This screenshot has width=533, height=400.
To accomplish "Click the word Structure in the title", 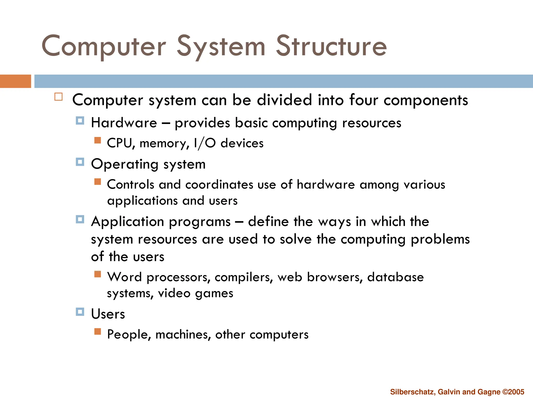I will click(331, 46).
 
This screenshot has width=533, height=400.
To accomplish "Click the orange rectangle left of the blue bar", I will click(15, 81).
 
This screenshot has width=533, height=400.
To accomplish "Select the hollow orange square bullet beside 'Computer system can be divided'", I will click(59, 97).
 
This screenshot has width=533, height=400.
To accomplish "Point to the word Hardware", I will click(124, 123).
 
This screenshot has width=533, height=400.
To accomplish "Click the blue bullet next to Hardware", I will click(80, 121).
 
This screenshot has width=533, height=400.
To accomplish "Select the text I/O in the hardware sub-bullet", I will click(205, 143).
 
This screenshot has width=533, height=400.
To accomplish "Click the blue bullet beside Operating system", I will click(80, 162).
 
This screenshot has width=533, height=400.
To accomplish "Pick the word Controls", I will click(131, 184).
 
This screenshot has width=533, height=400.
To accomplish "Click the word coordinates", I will click(219, 184).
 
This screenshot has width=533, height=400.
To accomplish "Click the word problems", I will click(440, 239).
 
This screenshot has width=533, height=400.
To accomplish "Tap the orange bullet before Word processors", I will click(98, 274).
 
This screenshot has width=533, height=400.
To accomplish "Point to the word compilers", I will click(244, 277).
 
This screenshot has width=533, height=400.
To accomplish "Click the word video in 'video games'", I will click(174, 293).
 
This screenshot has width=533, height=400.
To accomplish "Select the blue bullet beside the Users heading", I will click(80, 311).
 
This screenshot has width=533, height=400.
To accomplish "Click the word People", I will click(129, 334).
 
